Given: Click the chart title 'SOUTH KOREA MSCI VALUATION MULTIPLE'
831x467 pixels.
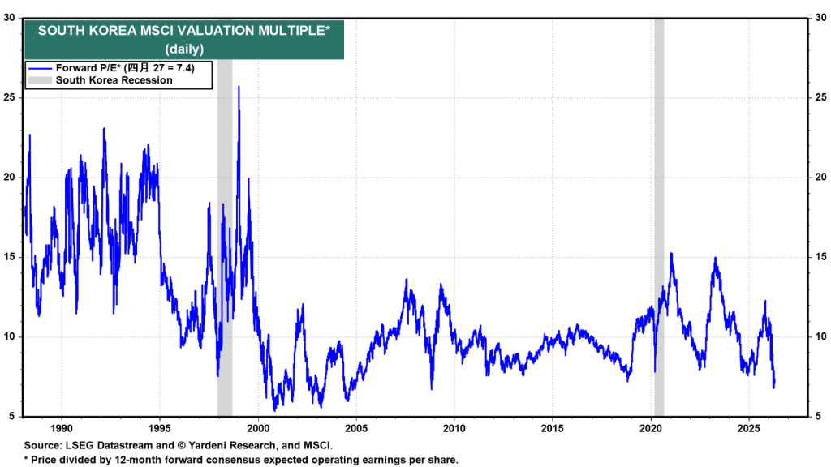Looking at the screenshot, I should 183,31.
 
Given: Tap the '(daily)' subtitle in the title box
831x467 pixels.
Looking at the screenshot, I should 185,49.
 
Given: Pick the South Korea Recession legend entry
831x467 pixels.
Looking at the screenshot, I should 113,80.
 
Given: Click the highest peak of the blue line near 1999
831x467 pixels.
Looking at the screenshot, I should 239,87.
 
